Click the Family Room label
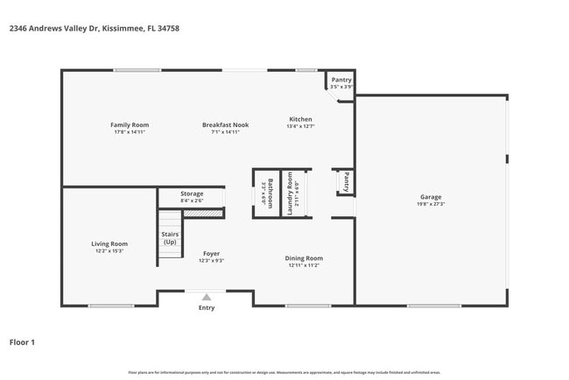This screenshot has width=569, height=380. click(130, 125)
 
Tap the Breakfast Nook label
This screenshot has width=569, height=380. click(225, 125)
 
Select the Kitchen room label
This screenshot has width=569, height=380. click(300, 119)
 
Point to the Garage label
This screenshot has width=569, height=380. click(430, 197)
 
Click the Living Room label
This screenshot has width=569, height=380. click(110, 243)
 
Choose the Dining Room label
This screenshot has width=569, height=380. click(304, 257)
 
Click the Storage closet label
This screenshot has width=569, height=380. click(192, 194)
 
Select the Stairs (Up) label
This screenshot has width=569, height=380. click(170, 237)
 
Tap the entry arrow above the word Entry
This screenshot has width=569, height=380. click(207, 297)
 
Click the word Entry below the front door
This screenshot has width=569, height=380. click(207, 308)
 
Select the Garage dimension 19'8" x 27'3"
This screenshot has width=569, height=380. click(430, 205)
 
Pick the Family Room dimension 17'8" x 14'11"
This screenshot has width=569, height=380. click(130, 132)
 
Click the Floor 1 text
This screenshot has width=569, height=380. click(22, 342)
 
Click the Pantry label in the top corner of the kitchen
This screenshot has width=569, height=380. click(341, 80)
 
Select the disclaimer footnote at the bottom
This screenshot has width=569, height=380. click(284, 373)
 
